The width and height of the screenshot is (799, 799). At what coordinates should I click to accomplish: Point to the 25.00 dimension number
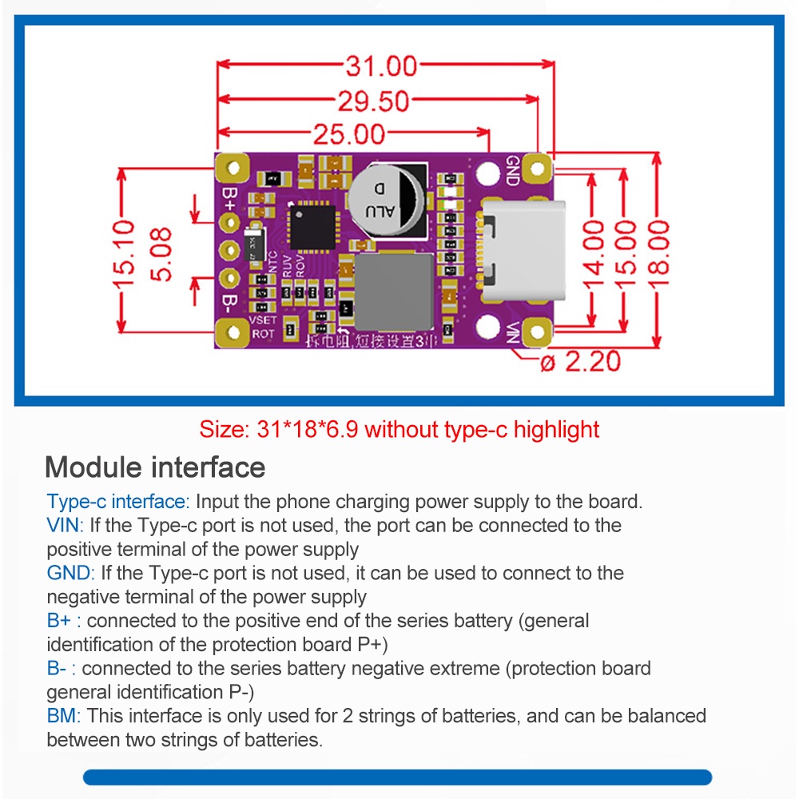click(x=348, y=135)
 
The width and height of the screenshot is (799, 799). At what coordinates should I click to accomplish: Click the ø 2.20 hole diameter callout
click(x=580, y=361)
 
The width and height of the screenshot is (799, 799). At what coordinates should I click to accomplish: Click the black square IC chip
click(x=312, y=225)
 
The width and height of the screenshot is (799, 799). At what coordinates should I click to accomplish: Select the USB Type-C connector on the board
click(x=520, y=248)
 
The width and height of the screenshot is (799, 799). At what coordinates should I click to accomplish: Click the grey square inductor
click(x=393, y=292)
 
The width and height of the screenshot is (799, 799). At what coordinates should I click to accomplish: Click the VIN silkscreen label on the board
click(x=514, y=331)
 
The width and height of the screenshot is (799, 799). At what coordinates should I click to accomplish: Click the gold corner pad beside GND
click(x=540, y=169)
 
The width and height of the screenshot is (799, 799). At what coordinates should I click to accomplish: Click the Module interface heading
click(x=155, y=467)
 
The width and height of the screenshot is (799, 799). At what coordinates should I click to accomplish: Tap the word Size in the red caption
click(x=224, y=429)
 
